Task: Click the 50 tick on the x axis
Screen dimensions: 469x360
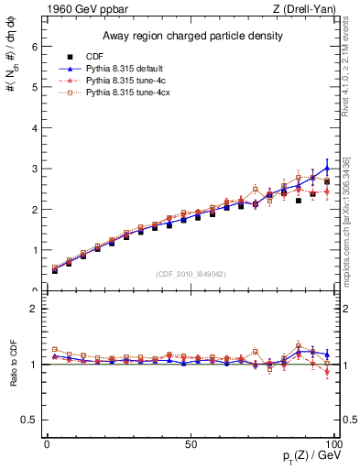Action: coord(191,444)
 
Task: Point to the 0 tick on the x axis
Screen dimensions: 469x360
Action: coord(47,444)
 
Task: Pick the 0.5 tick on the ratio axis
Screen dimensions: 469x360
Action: coord(31,420)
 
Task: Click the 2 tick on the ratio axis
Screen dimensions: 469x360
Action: coord(35,309)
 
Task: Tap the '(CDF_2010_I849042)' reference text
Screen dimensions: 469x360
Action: coord(191,272)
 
